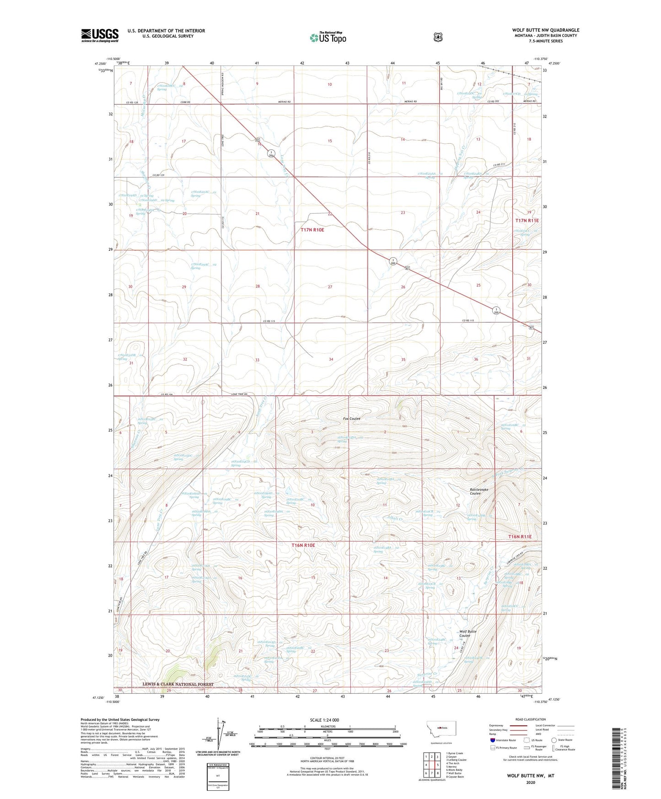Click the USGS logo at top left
coord(100,35)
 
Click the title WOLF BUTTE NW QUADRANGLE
coord(545,30)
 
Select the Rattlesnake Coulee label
coord(479,491)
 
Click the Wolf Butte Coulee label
coord(468,633)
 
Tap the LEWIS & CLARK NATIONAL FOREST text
coord(177,685)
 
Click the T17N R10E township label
coord(312,230)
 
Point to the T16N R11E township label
coord(523,536)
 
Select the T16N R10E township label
coord(304,545)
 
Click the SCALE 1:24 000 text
coord(324,720)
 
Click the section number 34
coord(331,360)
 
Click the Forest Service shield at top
coord(438,37)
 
